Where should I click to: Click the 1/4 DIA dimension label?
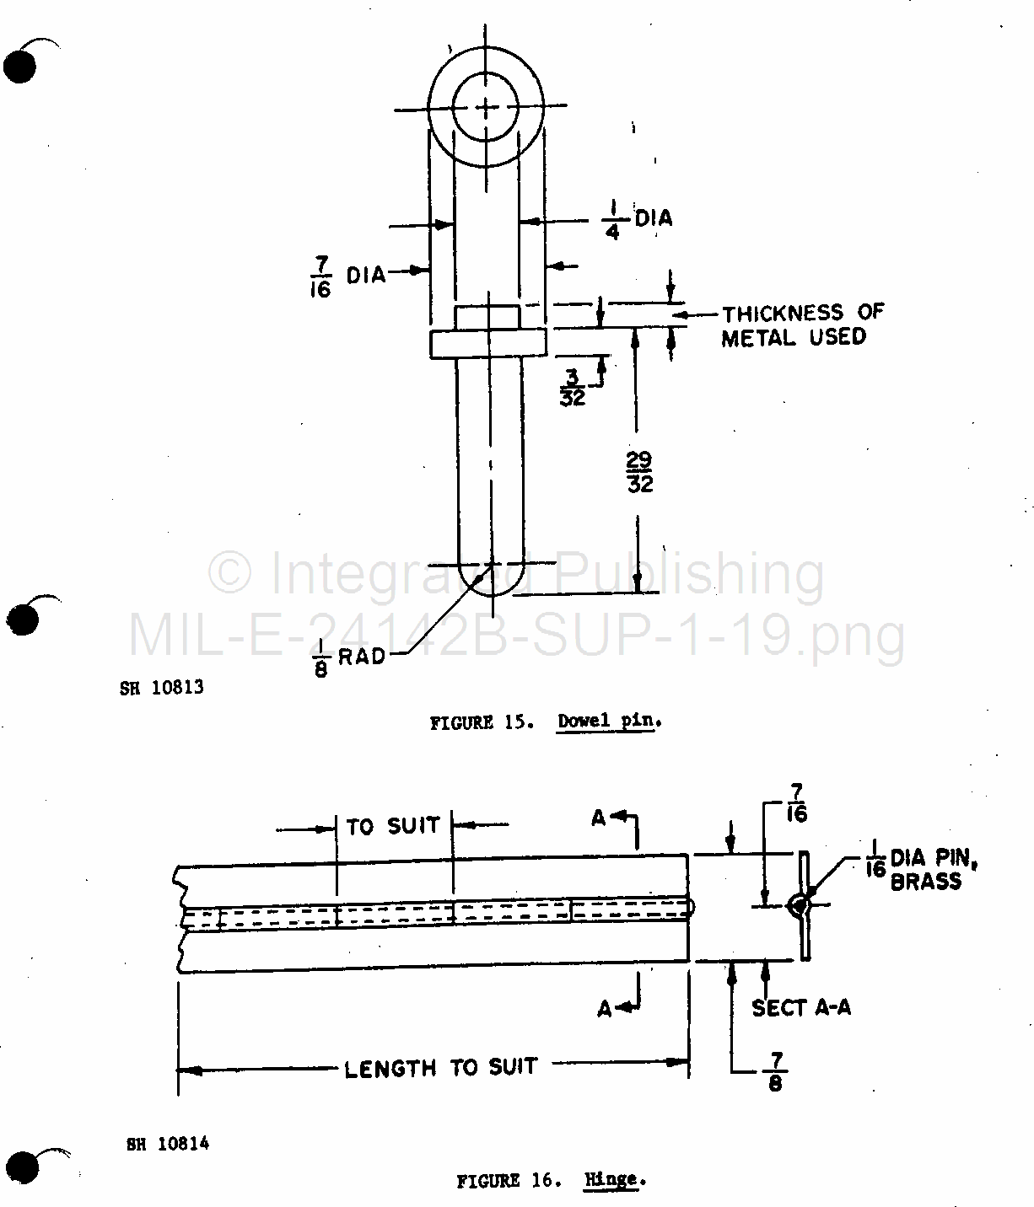[x=638, y=219]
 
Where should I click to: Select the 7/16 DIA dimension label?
[x=348, y=276]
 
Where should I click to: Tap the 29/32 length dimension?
[x=639, y=472]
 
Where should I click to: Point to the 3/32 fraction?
[x=573, y=387]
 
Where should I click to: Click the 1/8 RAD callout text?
[x=350, y=658]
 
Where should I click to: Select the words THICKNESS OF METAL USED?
[x=803, y=325]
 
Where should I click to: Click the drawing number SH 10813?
[x=162, y=688]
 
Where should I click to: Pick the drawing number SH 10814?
[x=168, y=1144]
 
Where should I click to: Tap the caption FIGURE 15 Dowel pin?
[x=546, y=722]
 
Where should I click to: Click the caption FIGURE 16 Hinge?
[x=552, y=1180]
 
